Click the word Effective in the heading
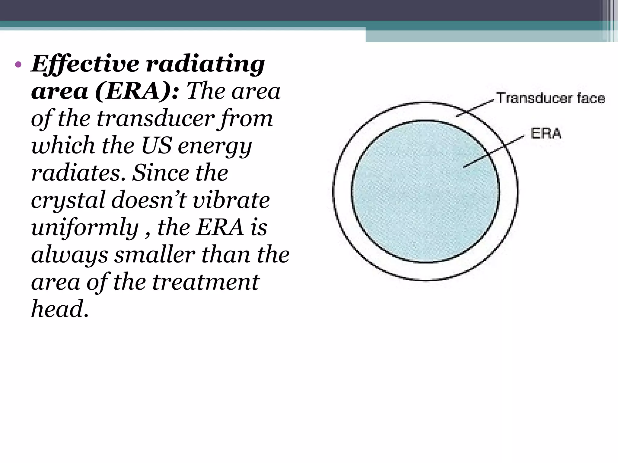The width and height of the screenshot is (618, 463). [85, 64]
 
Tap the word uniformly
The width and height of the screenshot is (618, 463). [85, 228]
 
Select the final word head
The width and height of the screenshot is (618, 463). [59, 309]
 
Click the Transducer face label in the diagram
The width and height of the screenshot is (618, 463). [551, 98]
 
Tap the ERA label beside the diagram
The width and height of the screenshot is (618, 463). [546, 133]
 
